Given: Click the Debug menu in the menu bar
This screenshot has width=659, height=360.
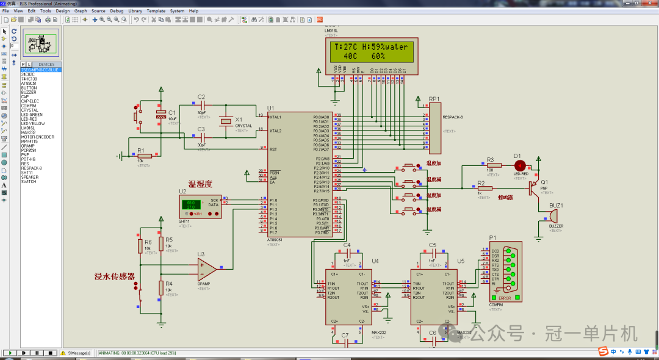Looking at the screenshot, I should [x=117, y=11].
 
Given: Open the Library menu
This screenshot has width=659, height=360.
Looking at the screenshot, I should [x=135, y=11].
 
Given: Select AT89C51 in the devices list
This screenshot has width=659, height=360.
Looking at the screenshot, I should [x=29, y=83].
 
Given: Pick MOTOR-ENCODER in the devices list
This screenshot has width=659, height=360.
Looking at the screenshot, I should [x=37, y=137].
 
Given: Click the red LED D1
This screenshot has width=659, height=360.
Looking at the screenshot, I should [x=520, y=165].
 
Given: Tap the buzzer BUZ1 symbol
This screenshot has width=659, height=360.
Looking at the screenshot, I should [x=553, y=215].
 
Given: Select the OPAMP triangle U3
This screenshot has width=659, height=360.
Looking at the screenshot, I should [x=206, y=267].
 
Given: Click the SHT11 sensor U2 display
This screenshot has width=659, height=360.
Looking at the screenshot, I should [x=191, y=205].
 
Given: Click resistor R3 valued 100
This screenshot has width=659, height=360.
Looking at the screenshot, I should [x=493, y=165].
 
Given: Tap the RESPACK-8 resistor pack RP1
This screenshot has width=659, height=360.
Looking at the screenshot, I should [x=434, y=128].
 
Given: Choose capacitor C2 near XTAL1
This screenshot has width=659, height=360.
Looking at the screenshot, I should [x=201, y=107].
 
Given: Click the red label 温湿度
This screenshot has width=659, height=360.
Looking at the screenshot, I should [x=200, y=184].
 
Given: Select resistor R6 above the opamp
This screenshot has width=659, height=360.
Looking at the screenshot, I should [x=140, y=246].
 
